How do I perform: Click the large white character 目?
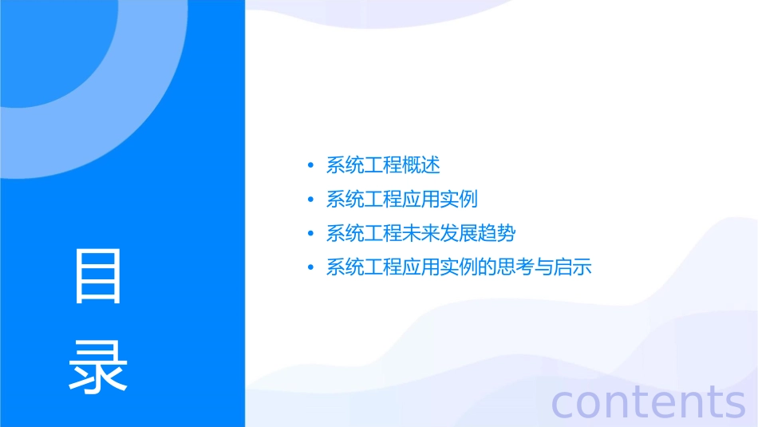(97, 276)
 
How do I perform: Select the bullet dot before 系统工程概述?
(311, 166)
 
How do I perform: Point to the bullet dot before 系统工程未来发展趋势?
(311, 234)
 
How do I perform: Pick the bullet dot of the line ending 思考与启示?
(311, 267)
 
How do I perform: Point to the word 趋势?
(497, 234)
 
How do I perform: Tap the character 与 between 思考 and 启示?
(544, 267)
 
